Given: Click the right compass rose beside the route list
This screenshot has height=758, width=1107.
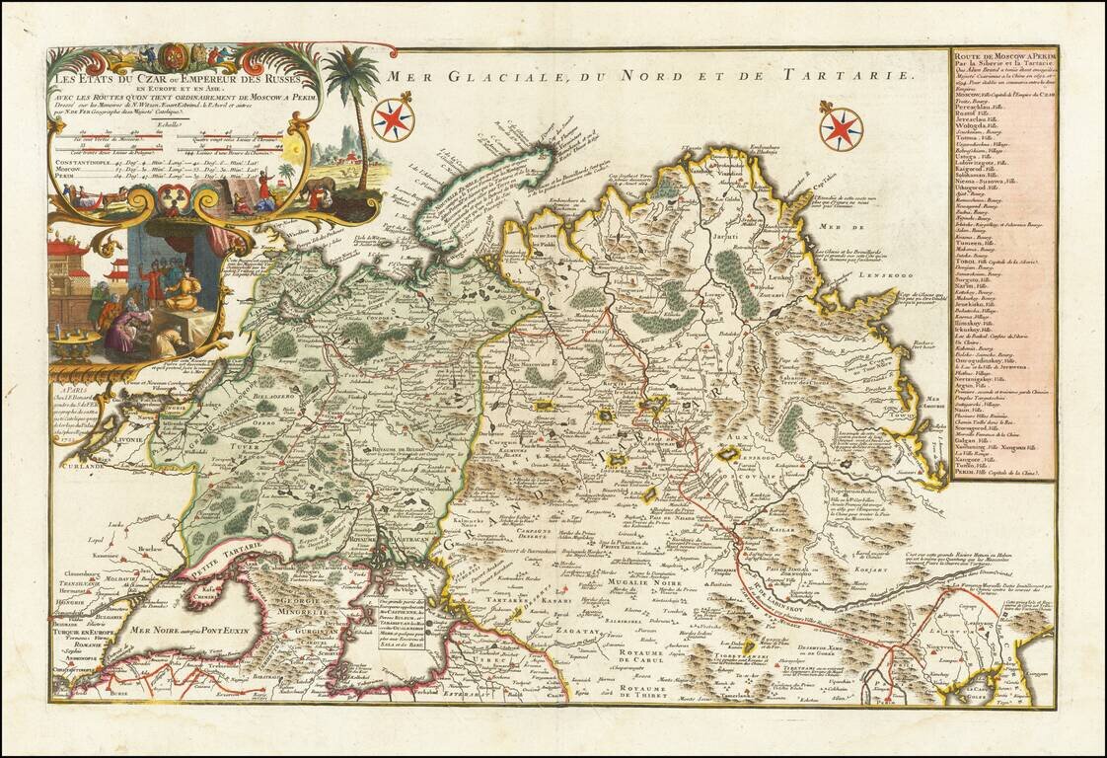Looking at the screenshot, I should pyautogui.click(x=842, y=127).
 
